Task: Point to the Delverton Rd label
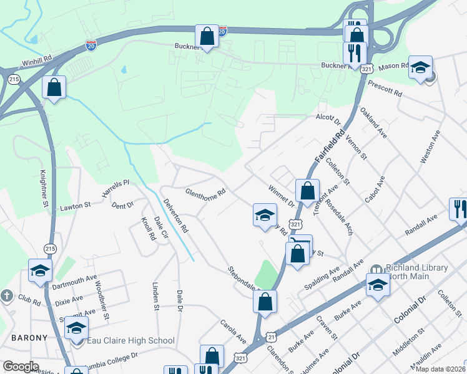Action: (x=176, y=216)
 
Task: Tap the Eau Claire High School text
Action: (x=131, y=340)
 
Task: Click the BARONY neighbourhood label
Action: (x=29, y=338)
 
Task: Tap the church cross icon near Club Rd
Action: (x=6, y=295)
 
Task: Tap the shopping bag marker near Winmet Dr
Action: (x=307, y=190)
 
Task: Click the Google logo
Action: (x=20, y=366)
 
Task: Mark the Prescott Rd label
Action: (x=385, y=87)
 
